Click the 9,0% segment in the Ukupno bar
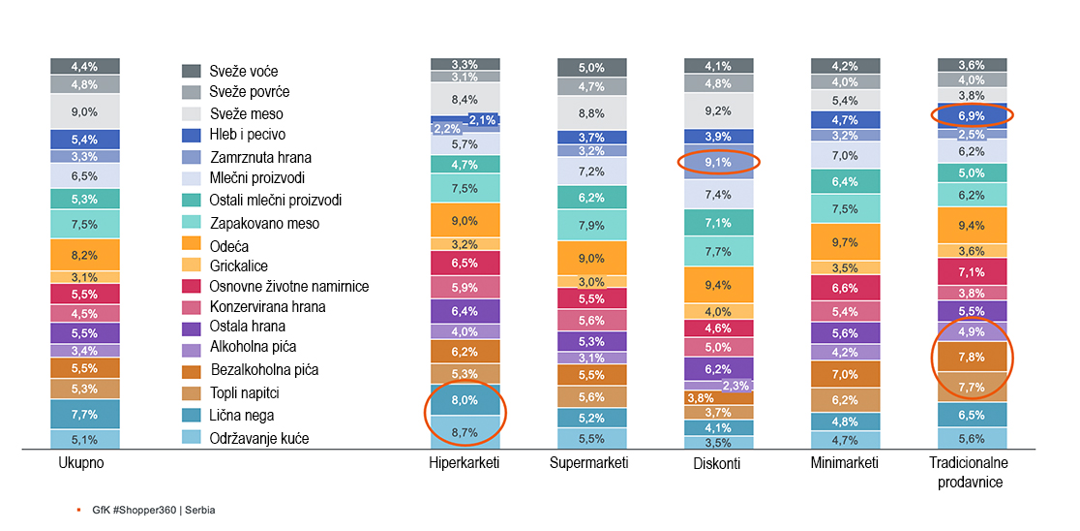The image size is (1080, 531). pyautogui.click(x=85, y=111)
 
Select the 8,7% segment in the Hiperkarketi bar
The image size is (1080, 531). pyautogui.click(x=465, y=432)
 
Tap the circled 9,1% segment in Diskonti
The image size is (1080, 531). pyautogui.click(x=718, y=163)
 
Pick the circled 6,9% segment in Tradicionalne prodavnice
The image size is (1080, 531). pyautogui.click(x=972, y=115)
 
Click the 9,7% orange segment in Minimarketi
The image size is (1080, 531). pyautogui.click(x=845, y=241)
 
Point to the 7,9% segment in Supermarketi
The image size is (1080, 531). pyautogui.click(x=591, y=226)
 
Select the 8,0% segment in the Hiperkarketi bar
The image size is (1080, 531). pyautogui.click(x=465, y=399)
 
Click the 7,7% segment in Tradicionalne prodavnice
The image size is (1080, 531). pyautogui.click(x=972, y=387)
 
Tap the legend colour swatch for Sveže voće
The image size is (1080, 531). pyautogui.click(x=192, y=71)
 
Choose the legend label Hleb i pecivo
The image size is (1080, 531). pyautogui.click(x=248, y=135)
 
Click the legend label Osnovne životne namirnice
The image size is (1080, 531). pyautogui.click(x=288, y=286)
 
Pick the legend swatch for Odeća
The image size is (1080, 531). pyautogui.click(x=192, y=245)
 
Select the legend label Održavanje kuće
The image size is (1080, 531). pyautogui.click(x=258, y=439)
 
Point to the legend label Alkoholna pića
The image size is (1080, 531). pyautogui.click(x=253, y=346)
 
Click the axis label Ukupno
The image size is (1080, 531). pyautogui.click(x=81, y=463)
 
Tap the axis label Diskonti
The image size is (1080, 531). pyautogui.click(x=717, y=463)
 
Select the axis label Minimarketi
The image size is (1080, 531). pyautogui.click(x=845, y=463)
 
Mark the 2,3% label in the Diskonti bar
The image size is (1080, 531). pyautogui.click(x=735, y=386)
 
